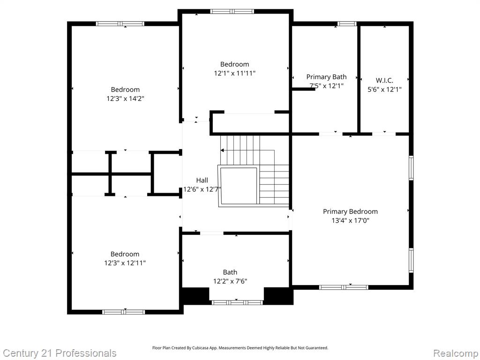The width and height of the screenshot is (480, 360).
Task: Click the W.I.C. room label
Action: tap(384, 81)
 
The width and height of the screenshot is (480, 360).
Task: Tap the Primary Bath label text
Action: tap(326, 77)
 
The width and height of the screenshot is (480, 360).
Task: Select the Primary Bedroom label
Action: tap(350, 211)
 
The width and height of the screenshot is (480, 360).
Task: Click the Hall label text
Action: tap(202, 180)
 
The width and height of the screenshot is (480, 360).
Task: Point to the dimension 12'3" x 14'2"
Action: tap(125, 98)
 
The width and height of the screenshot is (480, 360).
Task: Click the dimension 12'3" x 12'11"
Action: tap(125, 263)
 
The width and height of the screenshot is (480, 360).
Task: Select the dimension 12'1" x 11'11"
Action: tap(234, 73)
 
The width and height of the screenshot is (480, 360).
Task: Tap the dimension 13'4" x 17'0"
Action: tap(350, 220)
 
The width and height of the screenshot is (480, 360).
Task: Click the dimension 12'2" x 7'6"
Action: tap(230, 281)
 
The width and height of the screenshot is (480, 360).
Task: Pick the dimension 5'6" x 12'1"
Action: tap(384, 90)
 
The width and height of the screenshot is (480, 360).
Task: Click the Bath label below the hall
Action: tap(230, 272)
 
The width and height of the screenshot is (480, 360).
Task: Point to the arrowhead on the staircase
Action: tap(222, 150)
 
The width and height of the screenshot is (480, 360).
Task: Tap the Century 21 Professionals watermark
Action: tap(60, 353)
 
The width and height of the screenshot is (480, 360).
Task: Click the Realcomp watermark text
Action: tap(456, 353)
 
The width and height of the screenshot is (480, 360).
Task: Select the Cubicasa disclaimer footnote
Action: tap(240, 348)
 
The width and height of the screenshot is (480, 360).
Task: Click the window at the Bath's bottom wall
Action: tap(237, 302)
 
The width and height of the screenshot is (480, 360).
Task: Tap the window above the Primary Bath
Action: tap(347, 23)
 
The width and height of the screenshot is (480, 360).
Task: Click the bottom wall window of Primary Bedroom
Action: tap(344, 287)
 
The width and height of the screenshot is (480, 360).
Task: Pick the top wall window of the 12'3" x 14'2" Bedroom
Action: tap(120, 23)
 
